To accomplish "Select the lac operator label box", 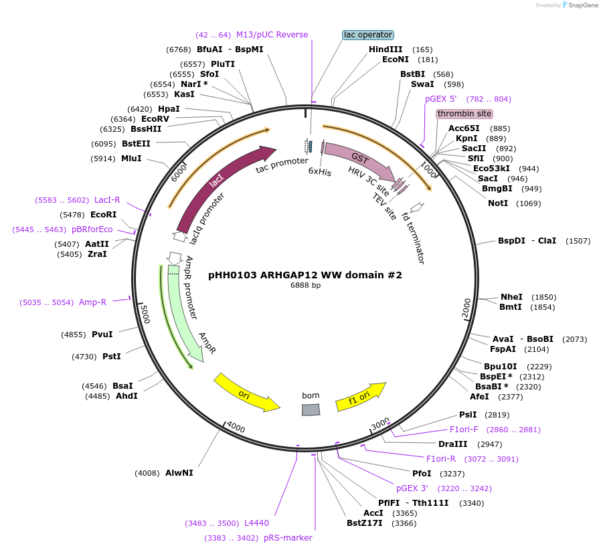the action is [x=367, y=35].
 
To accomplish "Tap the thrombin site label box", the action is [x=464, y=114].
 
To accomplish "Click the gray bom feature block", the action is [x=311, y=409].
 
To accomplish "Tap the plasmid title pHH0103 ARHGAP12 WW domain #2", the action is [x=305, y=275].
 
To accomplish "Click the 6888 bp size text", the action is [x=305, y=286].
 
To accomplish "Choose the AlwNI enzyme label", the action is [x=179, y=473].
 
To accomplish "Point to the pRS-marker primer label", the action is [x=288, y=538].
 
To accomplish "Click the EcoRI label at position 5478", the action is [x=103, y=215].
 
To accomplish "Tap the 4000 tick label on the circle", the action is [x=236, y=427].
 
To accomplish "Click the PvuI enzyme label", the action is [x=102, y=335].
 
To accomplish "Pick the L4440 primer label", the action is [x=256, y=523].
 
